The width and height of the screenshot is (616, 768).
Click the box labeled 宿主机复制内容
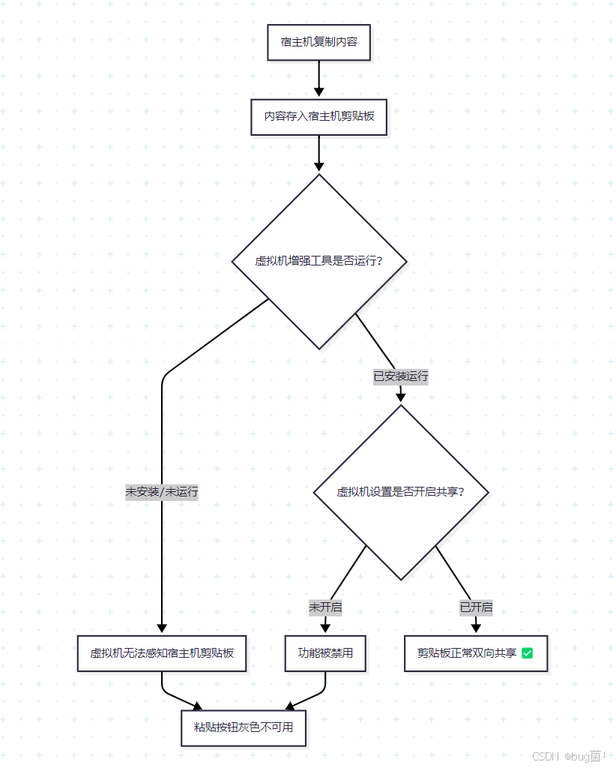point(318,43)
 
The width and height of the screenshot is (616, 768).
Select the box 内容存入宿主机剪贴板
point(318,117)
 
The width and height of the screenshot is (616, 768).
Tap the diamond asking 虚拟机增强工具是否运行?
point(319,262)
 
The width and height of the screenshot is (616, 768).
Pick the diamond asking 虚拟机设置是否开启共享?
point(401,492)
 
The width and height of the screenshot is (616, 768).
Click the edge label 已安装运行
point(401,376)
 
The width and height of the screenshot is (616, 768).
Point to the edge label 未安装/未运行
point(162,492)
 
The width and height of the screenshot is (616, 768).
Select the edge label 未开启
point(325,607)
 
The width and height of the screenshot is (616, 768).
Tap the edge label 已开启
point(476,607)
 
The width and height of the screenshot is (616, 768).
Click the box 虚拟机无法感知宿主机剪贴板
point(162,653)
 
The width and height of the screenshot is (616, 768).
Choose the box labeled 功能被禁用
point(325,653)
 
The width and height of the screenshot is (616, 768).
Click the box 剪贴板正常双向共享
point(476,653)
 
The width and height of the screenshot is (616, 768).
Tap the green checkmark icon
point(527,653)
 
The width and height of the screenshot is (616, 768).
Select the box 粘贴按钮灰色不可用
point(244,727)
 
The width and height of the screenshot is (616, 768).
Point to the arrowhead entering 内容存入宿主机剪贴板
point(319,92)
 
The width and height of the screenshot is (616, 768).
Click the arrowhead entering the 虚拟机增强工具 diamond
point(319,167)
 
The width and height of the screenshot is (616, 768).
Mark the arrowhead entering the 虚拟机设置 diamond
point(401,397)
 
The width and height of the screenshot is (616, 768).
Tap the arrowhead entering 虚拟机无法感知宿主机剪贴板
point(162,628)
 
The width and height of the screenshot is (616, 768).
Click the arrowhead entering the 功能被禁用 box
point(325,628)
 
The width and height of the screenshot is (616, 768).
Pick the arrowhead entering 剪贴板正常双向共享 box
point(476,628)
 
